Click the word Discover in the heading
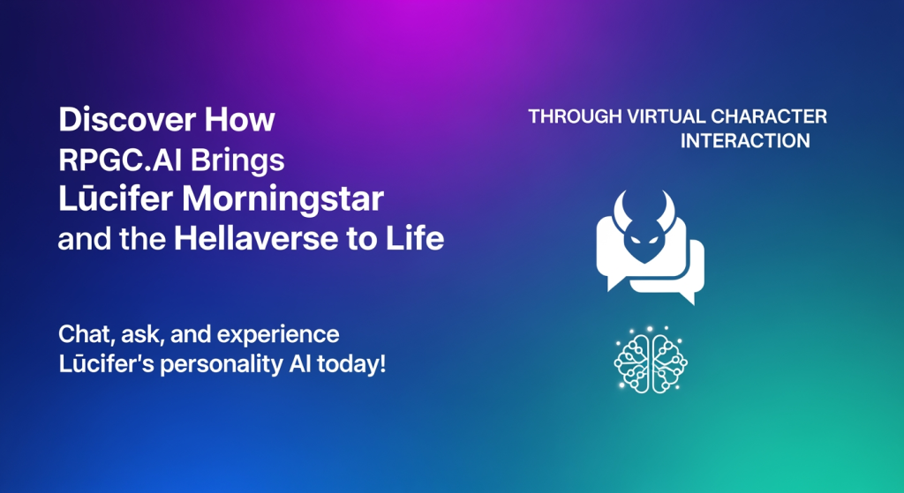click(127, 119)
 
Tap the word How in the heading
click(240, 119)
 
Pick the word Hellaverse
click(256, 238)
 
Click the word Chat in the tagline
click(81, 334)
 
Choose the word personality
click(221, 365)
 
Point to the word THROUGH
click(575, 117)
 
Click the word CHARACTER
click(769, 117)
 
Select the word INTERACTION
click(745, 141)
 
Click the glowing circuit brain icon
click(651, 360)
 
